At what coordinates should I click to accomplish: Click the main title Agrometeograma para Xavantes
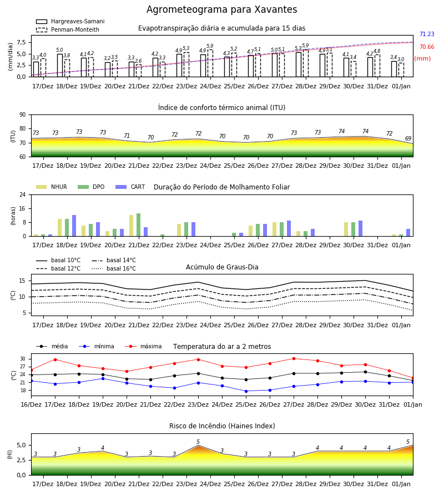tap(221, 9)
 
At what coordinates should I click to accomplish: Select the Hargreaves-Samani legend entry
tap(70, 21)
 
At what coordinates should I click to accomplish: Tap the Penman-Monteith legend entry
tap(68, 29)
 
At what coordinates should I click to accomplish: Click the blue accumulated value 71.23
tap(427, 34)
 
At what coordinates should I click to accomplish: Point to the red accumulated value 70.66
tap(427, 47)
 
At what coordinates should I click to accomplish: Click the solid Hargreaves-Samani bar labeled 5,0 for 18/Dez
tap(60, 66)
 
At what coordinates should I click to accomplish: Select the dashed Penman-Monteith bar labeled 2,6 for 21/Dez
tap(139, 71)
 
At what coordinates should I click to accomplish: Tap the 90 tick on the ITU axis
tap(23, 115)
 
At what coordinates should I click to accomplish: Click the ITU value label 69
tap(408, 138)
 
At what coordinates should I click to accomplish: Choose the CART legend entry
tap(130, 187)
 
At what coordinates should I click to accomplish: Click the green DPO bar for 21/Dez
tap(139, 225)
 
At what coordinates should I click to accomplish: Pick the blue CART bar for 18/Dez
tap(74, 226)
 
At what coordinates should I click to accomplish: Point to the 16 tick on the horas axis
tap(23, 208)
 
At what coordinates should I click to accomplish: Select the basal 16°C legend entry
tap(114, 268)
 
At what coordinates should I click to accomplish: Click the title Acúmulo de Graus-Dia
tap(222, 267)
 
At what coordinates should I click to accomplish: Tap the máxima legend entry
tap(143, 346)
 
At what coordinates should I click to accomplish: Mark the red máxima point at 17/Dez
tap(55, 359)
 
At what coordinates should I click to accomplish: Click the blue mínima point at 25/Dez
tap(246, 391)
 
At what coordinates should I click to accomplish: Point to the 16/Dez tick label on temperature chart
tap(31, 404)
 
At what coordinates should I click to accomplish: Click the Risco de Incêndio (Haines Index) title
tap(222, 426)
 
